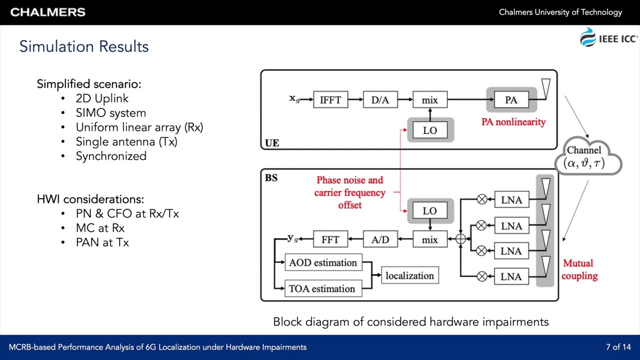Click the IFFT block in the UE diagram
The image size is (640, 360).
(330, 100)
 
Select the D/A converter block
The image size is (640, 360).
(380, 100)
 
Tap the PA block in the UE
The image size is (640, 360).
(511, 100)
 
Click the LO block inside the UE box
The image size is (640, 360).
(430, 130)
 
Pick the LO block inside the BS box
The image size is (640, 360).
(430, 211)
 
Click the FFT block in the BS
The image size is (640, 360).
(330, 239)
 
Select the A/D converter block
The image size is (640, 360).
(380, 239)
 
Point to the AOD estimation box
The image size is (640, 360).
(323, 263)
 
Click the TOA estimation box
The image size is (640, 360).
(323, 288)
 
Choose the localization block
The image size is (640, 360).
(409, 276)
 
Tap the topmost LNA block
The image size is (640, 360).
(511, 200)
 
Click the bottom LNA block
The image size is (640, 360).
(511, 276)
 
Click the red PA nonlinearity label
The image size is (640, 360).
(513, 122)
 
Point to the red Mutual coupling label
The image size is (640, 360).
(579, 269)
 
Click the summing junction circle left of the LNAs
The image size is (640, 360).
(460, 239)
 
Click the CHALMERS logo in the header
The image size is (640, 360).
(48, 12)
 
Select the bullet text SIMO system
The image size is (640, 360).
(110, 113)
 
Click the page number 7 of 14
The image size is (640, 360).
(618, 347)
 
